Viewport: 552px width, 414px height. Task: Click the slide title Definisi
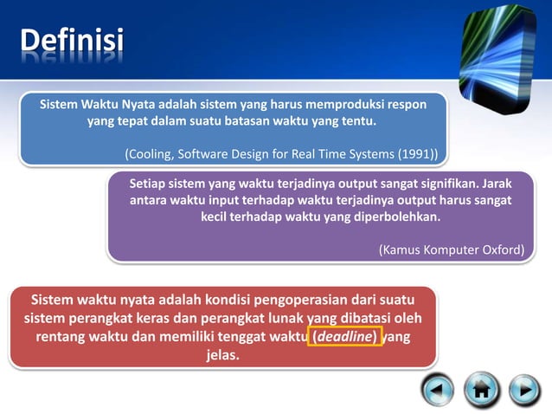pyautogui.click(x=72, y=41)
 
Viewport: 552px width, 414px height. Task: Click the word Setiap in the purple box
pyautogui.click(x=148, y=184)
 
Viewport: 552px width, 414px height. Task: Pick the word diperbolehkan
pyautogui.click(x=397, y=217)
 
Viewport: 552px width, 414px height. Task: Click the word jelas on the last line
pyautogui.click(x=222, y=355)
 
